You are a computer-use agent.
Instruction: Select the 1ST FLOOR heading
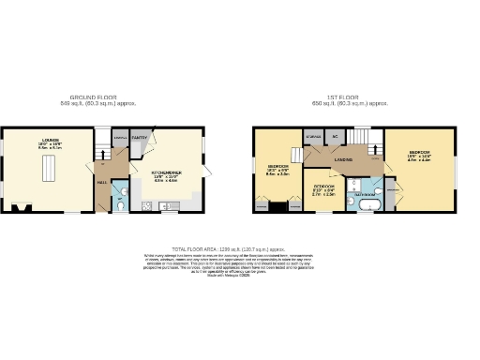(x=355, y=97)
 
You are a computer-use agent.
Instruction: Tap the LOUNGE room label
(x=49, y=142)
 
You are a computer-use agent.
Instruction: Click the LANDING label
(x=345, y=161)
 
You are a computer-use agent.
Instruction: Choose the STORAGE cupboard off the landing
(x=311, y=139)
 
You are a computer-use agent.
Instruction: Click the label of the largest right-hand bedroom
(x=418, y=153)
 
